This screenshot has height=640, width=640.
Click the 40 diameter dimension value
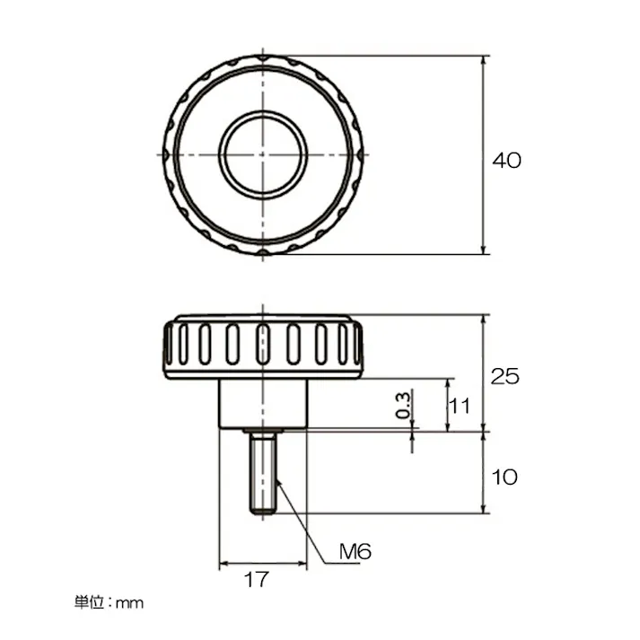[506, 161]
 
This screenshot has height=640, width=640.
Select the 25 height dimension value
[504, 376]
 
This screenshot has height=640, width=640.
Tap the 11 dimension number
[460, 406]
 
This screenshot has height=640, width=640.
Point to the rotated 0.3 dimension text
[403, 405]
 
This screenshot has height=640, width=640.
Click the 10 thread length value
[504, 478]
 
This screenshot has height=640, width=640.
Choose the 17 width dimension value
[257, 579]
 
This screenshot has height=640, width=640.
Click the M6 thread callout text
[355, 552]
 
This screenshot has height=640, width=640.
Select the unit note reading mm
[130, 603]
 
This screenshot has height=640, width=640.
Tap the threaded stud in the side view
[263, 473]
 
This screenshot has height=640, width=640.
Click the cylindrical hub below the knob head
[263, 404]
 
